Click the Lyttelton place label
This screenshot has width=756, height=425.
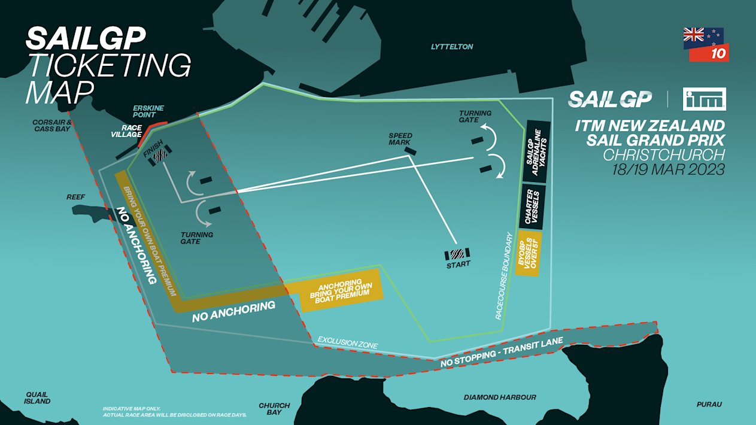452,47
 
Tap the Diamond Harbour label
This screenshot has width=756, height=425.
500,397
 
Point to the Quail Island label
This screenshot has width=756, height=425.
37,398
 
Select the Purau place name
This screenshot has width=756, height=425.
709,405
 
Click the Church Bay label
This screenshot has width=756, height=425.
274,409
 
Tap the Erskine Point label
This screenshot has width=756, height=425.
148,112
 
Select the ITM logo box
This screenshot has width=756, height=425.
704,99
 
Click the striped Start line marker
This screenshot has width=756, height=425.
458,254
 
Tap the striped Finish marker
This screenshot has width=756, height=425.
159,155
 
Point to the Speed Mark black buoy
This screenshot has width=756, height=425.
411,151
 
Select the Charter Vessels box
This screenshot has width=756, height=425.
533,207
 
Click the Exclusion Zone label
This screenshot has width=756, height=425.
347,342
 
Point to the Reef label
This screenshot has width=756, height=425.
75,197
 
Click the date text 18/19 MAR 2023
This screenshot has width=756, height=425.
668,169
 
